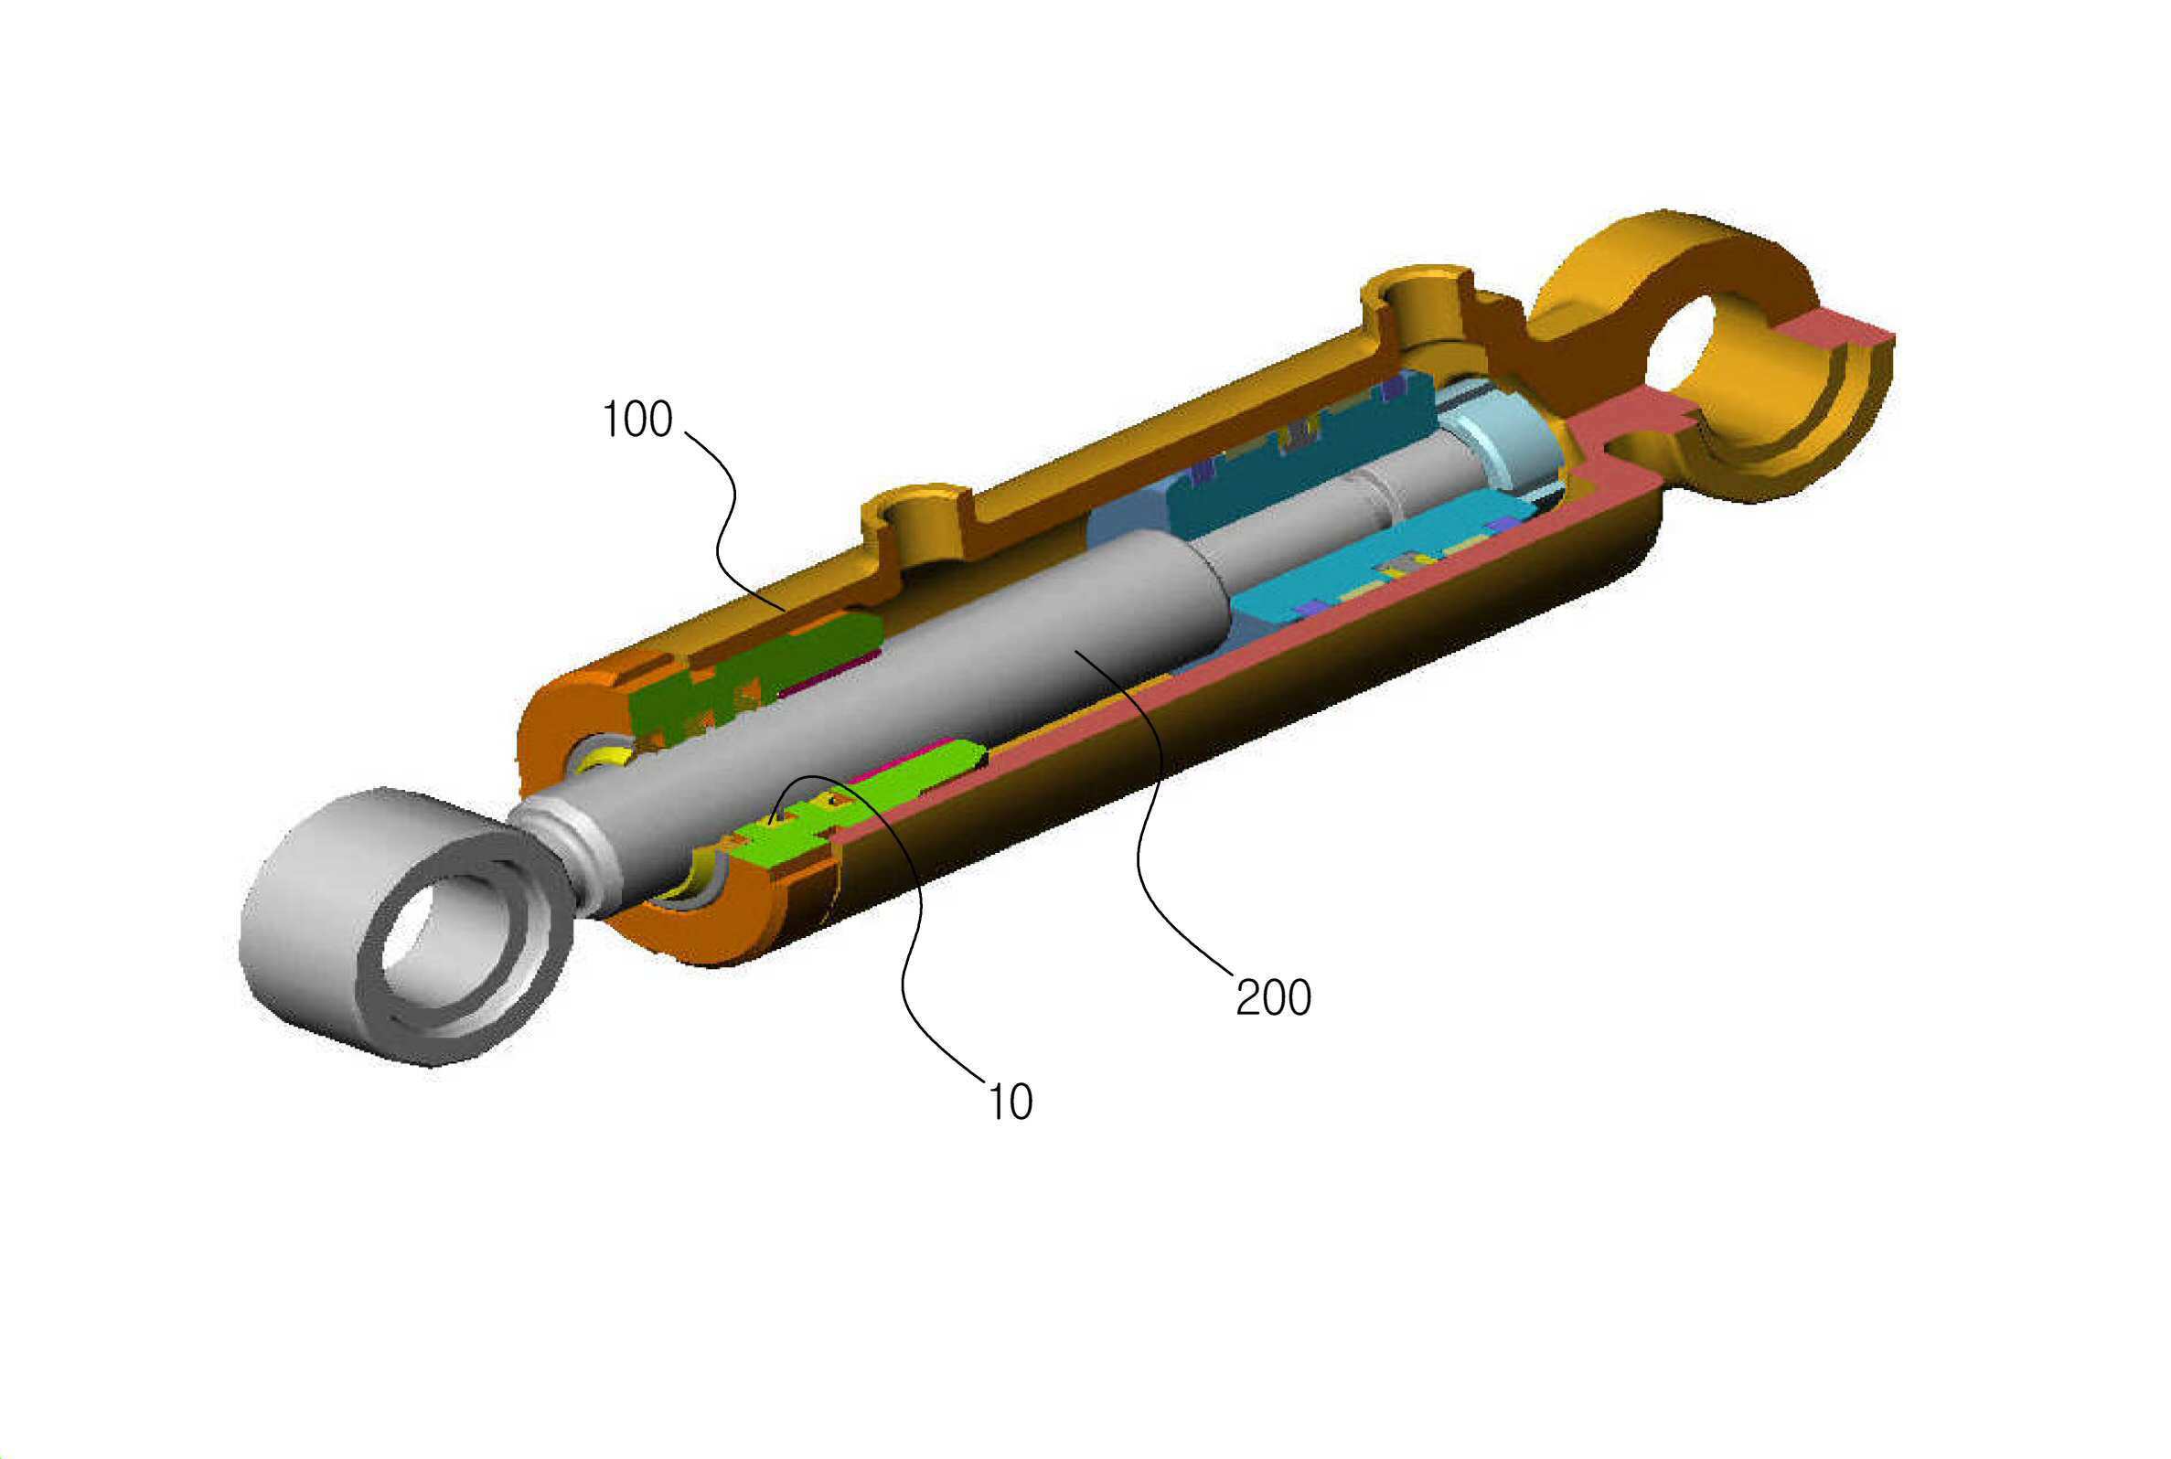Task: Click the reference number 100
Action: click(636, 420)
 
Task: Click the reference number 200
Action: click(1273, 997)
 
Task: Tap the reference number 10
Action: click(1010, 1102)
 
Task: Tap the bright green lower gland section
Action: click(856, 810)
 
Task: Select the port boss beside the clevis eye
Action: click(1419, 312)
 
